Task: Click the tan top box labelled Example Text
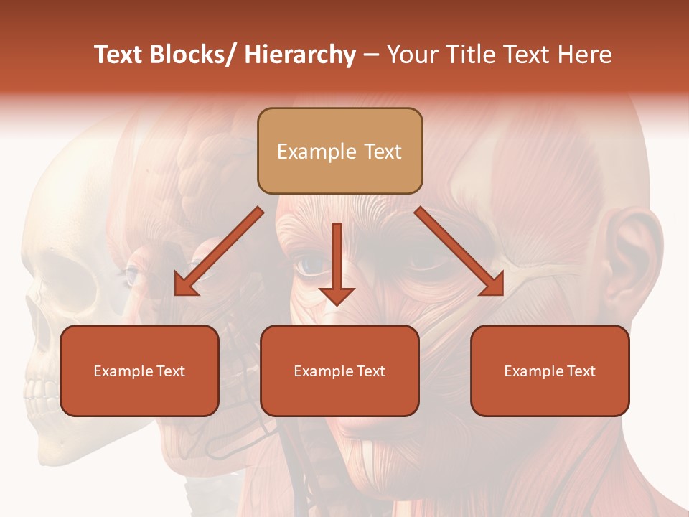tap(339, 151)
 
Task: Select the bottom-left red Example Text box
tap(139, 371)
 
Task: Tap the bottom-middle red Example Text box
tap(339, 371)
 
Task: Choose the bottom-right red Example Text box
tap(550, 371)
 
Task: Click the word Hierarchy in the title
tap(300, 55)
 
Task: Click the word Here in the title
tap(584, 55)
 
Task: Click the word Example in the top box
tap(317, 152)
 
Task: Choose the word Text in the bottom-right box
tap(580, 371)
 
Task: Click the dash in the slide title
tap(371, 55)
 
